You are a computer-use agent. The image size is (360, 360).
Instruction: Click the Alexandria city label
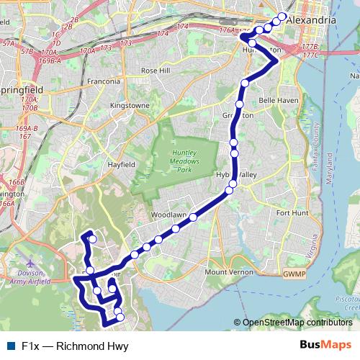(311, 22)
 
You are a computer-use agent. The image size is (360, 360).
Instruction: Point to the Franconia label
(104, 81)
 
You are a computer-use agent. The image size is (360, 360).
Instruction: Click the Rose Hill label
(155, 71)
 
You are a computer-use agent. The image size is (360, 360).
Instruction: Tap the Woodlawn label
(169, 215)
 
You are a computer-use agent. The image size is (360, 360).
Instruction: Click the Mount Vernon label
(227, 272)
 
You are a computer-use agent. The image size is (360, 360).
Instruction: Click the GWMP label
(294, 274)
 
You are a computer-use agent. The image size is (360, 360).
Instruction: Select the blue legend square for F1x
(10, 346)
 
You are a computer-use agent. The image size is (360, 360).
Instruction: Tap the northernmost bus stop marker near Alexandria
(282, 17)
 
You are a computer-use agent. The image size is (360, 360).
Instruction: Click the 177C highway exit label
(311, 55)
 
